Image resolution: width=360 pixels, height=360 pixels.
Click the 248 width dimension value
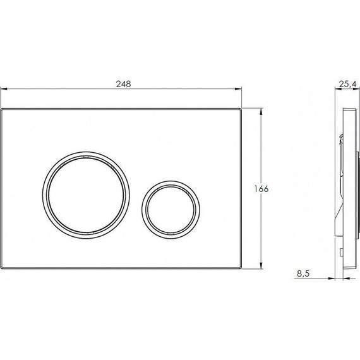point(124,84)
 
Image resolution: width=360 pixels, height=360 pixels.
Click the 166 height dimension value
point(261,189)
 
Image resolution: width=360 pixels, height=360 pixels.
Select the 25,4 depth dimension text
point(348,84)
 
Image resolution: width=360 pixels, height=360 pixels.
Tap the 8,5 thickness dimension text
point(303,273)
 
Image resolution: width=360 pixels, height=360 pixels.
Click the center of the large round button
point(86,195)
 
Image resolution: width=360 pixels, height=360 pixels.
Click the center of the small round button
point(171,210)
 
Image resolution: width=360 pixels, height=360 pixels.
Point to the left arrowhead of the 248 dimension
point(4,88)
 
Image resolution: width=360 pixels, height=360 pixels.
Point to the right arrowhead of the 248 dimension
point(238,88)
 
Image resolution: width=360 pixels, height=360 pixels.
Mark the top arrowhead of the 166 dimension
point(261,112)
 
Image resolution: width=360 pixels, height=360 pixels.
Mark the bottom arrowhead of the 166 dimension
point(261,265)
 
